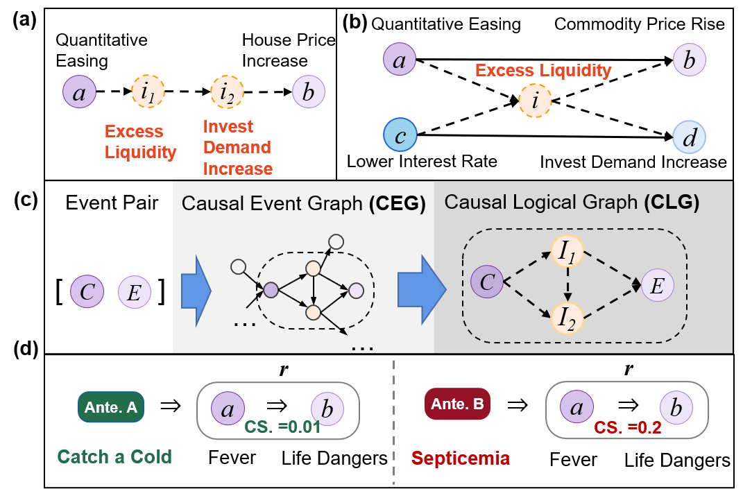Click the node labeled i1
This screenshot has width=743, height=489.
[x=148, y=91]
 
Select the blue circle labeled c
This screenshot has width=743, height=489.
[x=400, y=137]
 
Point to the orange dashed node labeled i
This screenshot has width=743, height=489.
[x=535, y=101]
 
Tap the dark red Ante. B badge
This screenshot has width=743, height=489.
[x=457, y=404]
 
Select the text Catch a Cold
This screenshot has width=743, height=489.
[x=114, y=456]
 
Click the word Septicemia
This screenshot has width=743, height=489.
[x=460, y=458]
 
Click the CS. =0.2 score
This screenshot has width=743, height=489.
[x=628, y=428]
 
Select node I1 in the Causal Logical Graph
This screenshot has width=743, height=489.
[x=568, y=250]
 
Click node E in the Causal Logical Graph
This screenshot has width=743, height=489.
[x=657, y=284]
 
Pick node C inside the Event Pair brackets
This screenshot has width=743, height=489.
[x=87, y=292]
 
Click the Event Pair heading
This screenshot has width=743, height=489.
[x=112, y=203]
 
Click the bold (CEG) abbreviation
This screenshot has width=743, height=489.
[x=397, y=204]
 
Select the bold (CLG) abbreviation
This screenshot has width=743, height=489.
[x=672, y=203]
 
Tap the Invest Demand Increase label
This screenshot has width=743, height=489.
[x=237, y=148]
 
